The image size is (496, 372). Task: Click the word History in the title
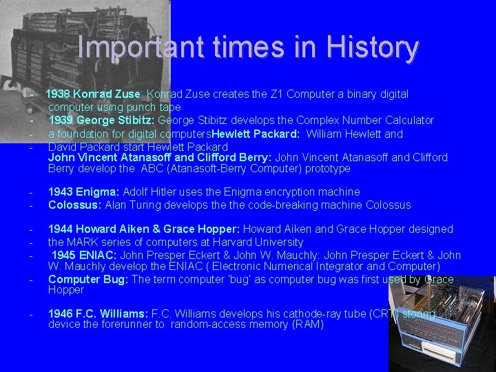372,48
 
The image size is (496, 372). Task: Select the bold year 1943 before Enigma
61,192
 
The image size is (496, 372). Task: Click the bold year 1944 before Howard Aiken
61,229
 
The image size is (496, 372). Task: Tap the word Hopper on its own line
65,290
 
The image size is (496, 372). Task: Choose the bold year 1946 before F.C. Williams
61,314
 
